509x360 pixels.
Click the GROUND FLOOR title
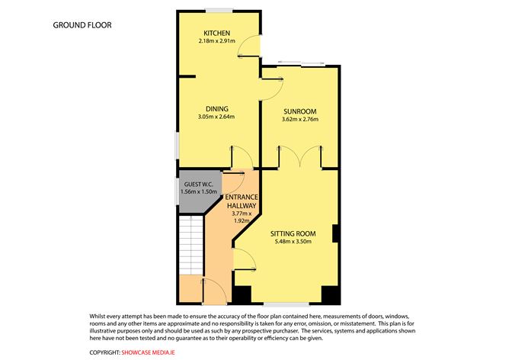pyautogui.click(x=82, y=25)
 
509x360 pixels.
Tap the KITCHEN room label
pyautogui.click(x=217, y=32)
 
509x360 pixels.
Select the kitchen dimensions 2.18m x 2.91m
pyautogui.click(x=217, y=40)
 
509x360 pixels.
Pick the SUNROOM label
pyautogui.click(x=299, y=111)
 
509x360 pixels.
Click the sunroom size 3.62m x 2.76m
pyautogui.click(x=299, y=119)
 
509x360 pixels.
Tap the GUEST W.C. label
pyautogui.click(x=199, y=184)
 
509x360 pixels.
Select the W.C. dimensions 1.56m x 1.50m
pyautogui.click(x=199, y=191)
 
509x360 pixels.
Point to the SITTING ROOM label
pyautogui.click(x=293, y=233)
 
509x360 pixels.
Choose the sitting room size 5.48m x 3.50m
pyautogui.click(x=293, y=243)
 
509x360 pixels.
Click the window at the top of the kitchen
pyautogui.click(x=218, y=10)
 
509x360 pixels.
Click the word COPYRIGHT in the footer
pyautogui.click(x=104, y=352)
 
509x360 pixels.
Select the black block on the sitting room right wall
pyautogui.click(x=335, y=233)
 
